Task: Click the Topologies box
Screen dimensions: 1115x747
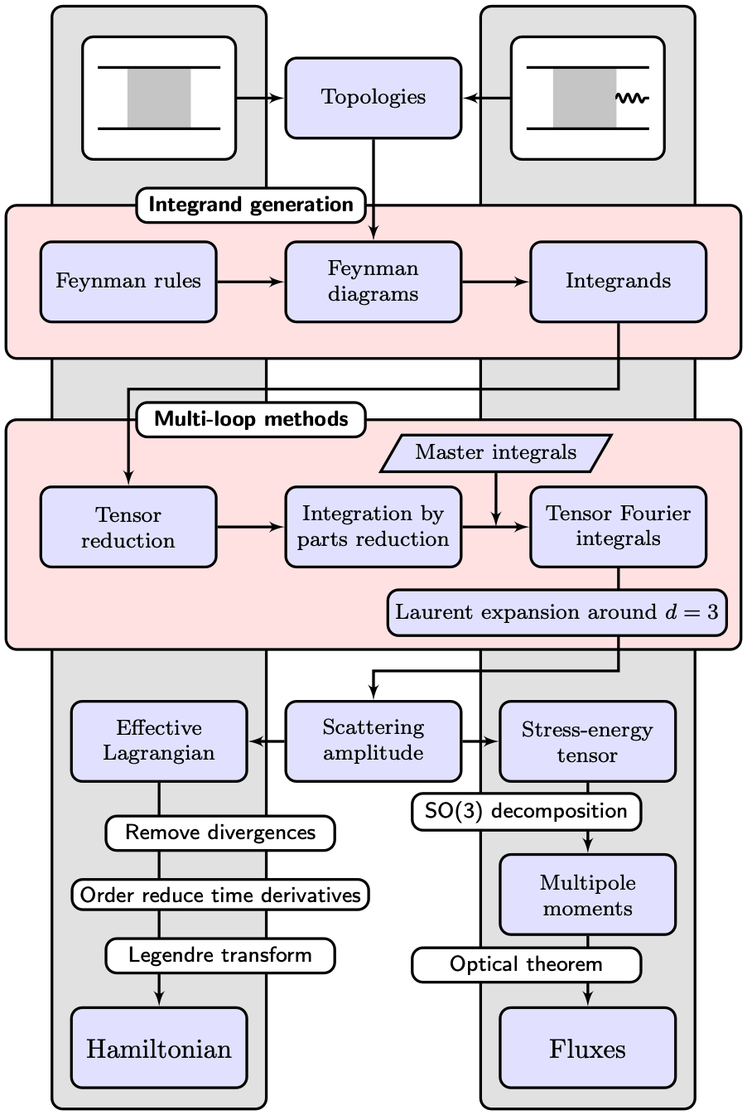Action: pyautogui.click(x=373, y=98)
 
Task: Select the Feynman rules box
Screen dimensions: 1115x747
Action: pyautogui.click(x=128, y=282)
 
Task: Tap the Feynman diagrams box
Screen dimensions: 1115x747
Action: pyautogui.click(x=373, y=282)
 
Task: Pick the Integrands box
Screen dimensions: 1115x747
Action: pyautogui.click(x=618, y=282)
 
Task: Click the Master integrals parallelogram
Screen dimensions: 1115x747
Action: pyautogui.click(x=495, y=452)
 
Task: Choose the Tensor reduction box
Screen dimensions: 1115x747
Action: pyautogui.click(x=128, y=527)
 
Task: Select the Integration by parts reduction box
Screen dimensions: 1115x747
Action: pyautogui.click(x=373, y=527)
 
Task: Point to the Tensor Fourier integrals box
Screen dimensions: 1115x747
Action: pyautogui.click(x=618, y=527)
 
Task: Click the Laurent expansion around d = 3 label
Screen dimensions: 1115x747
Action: pyautogui.click(x=557, y=613)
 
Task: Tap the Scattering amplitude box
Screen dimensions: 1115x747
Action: pyautogui.click(x=373, y=741)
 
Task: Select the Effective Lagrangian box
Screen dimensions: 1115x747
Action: pyautogui.click(x=159, y=741)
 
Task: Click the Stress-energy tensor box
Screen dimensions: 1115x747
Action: pyautogui.click(x=587, y=741)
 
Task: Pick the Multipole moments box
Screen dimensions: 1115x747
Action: pyautogui.click(x=587, y=895)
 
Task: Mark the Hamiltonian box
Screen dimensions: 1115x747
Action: pyautogui.click(x=159, y=1048)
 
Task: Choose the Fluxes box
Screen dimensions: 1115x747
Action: pyautogui.click(x=587, y=1048)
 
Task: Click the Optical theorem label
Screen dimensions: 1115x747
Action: pyautogui.click(x=526, y=965)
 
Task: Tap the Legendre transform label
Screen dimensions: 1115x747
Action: pyautogui.click(x=220, y=955)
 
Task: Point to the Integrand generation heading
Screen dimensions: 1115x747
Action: pyautogui.click(x=251, y=205)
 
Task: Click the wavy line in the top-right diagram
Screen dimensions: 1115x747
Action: pyautogui.click(x=632, y=99)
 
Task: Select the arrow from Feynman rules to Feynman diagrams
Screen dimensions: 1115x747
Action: pyautogui.click(x=250, y=282)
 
